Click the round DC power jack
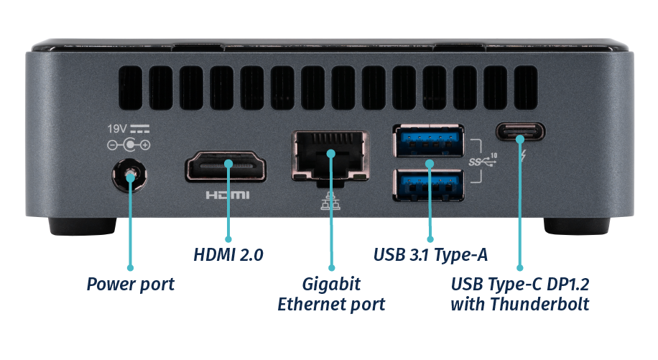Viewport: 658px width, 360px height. click(130, 176)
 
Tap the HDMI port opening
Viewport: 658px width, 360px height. click(226, 167)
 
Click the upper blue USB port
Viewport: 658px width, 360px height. click(428, 140)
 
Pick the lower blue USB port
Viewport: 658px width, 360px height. click(428, 184)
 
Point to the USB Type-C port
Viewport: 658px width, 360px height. click(520, 133)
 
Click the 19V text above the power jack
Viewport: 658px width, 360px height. click(117, 129)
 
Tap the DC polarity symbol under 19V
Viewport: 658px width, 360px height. click(129, 145)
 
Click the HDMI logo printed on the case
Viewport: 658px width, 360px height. click(228, 195)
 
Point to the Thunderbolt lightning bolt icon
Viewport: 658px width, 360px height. click(522, 155)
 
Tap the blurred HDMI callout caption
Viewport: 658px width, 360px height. click(227, 255)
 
